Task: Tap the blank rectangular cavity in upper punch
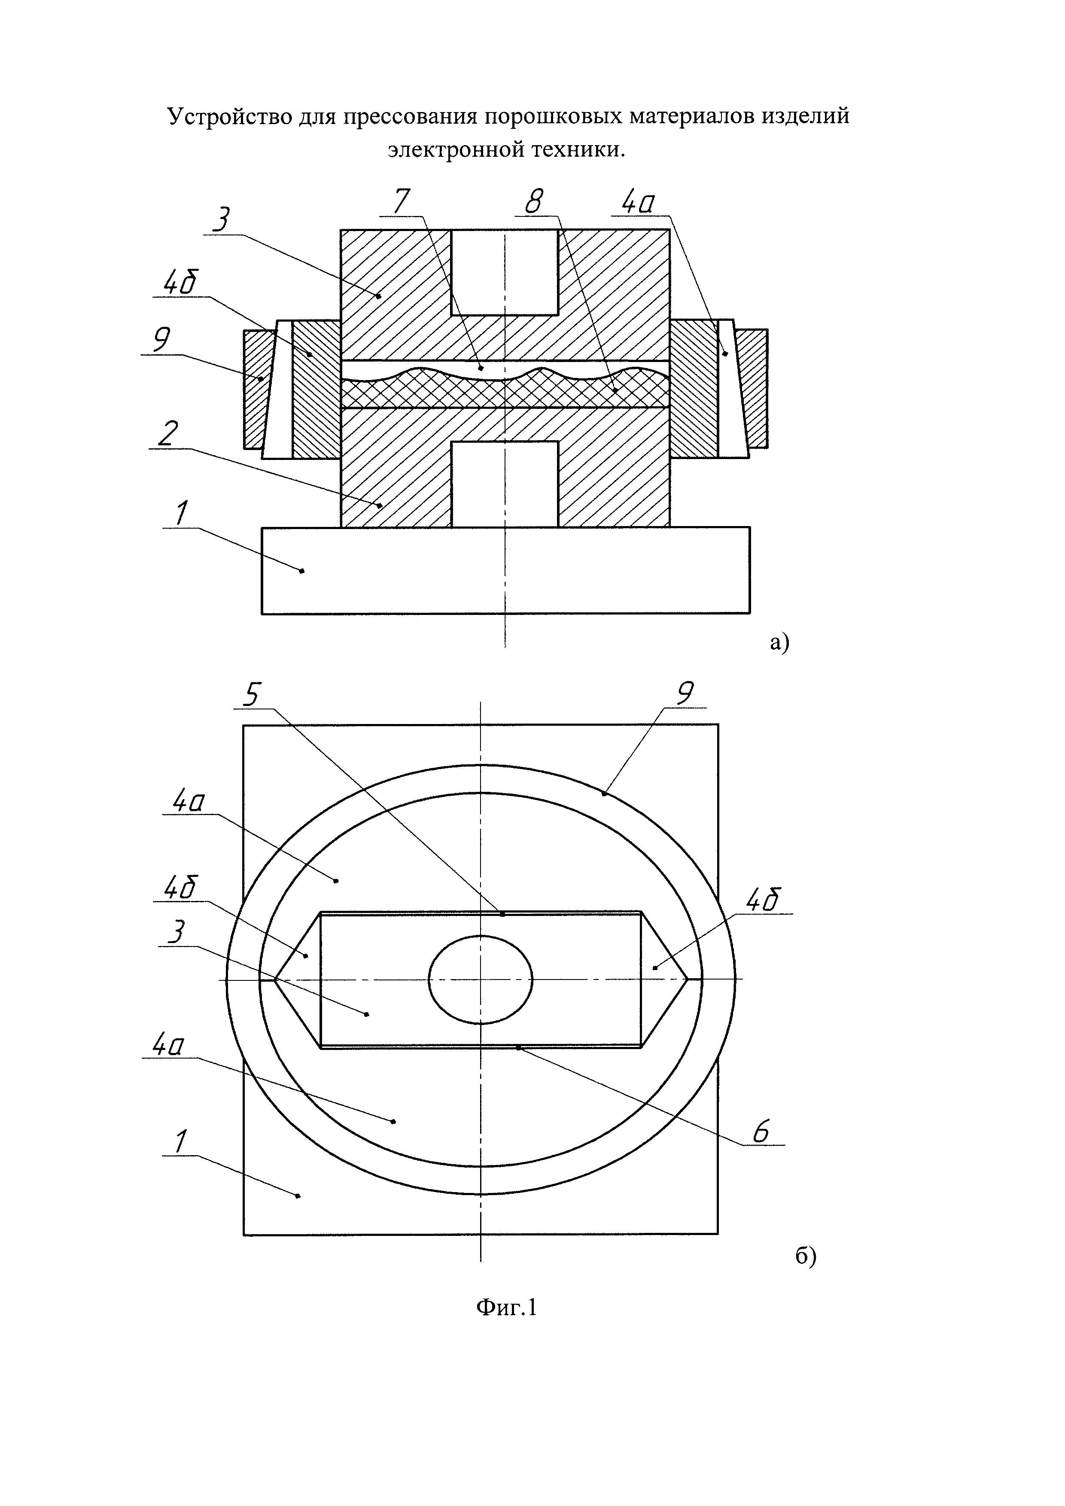click(x=504, y=272)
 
